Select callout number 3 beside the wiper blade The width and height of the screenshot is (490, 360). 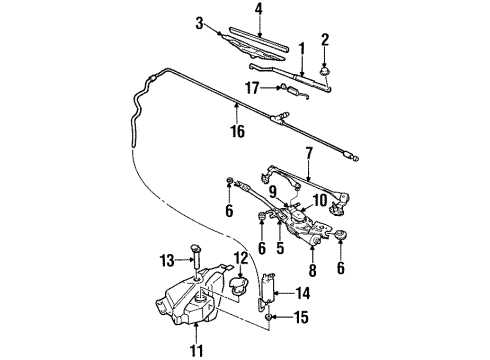[x=199, y=22]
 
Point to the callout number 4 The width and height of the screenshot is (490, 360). [x=259, y=10]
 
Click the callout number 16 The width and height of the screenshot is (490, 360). [x=236, y=129]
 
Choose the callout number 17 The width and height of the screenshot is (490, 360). [x=252, y=87]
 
